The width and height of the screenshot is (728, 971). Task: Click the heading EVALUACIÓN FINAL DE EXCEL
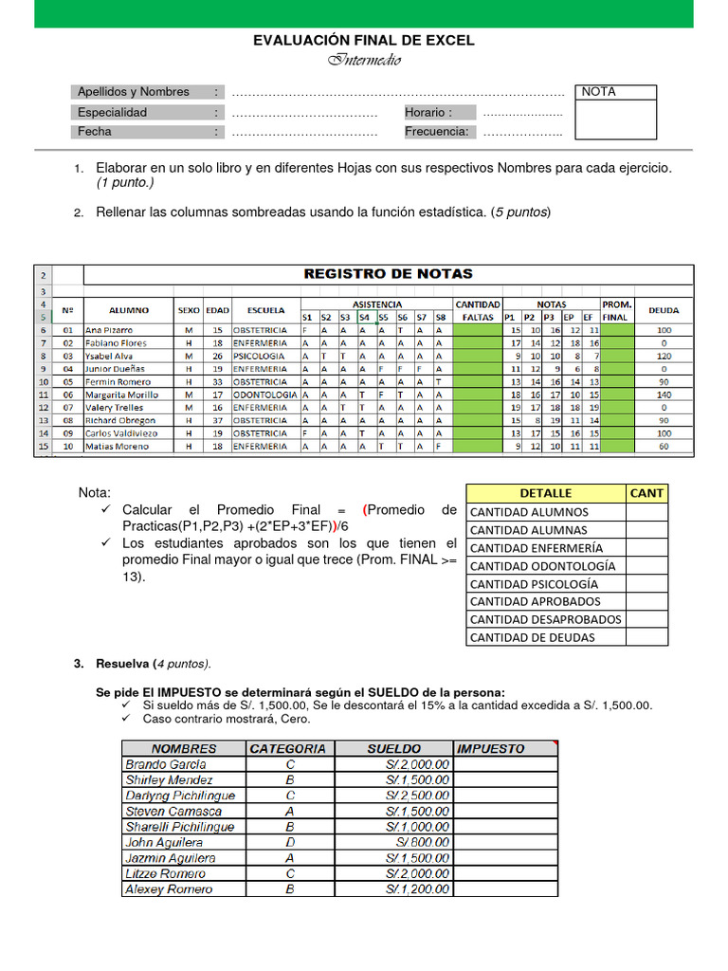(363, 40)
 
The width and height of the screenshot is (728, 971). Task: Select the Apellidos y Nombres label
(134, 92)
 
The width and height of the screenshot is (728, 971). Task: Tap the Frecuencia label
(437, 132)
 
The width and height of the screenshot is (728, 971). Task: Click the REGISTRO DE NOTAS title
(388, 274)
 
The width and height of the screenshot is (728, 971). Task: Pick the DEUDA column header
(663, 310)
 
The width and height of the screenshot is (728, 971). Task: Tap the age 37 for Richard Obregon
(217, 420)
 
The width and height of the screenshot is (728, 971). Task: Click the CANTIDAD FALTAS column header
(478, 310)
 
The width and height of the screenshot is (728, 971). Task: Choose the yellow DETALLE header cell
(546, 493)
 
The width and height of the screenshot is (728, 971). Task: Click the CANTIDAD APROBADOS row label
(536, 601)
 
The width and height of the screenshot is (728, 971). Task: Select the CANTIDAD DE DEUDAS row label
(533, 637)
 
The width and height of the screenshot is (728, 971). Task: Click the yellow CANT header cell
(646, 493)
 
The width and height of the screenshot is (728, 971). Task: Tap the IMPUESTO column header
(491, 748)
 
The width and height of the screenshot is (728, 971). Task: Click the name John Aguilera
(164, 842)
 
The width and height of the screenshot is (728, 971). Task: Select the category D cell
(288, 842)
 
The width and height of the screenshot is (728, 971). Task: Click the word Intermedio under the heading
(364, 61)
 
